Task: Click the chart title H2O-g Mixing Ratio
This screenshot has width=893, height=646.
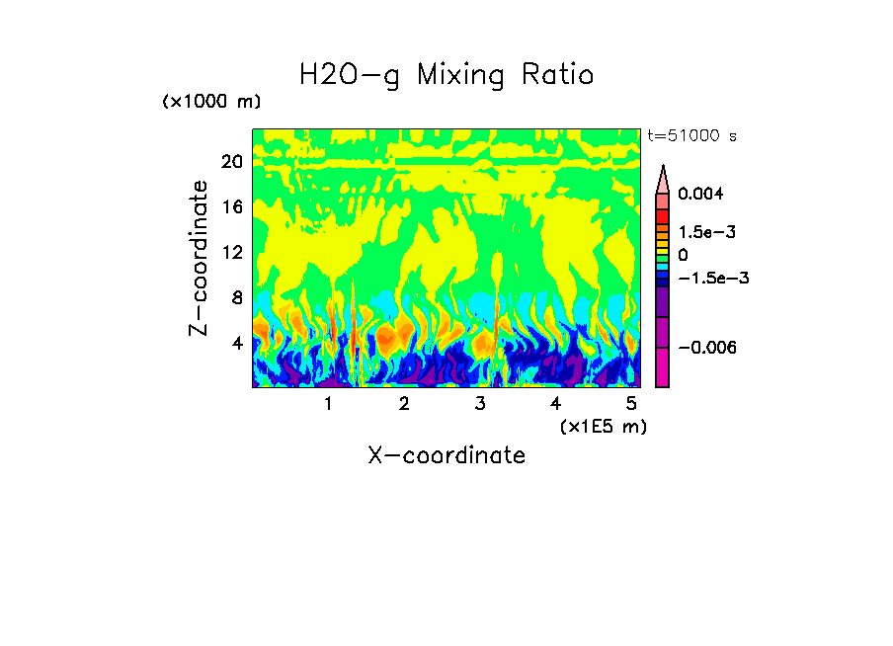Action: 446,75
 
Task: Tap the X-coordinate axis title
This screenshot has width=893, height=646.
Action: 446,455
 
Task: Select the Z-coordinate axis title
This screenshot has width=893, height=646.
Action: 200,257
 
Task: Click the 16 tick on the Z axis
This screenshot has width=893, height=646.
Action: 231,207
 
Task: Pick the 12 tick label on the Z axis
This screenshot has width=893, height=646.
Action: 231,253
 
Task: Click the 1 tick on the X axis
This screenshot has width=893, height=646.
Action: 328,403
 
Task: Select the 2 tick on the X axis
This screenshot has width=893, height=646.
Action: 404,403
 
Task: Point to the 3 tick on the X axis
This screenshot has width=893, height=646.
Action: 480,403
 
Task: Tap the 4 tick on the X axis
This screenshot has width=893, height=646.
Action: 555,403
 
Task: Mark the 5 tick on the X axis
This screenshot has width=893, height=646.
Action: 631,403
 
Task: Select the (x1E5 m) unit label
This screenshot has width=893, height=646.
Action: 603,426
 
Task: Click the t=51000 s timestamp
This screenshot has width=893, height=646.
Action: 691,136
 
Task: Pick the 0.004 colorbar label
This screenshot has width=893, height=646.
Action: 700,195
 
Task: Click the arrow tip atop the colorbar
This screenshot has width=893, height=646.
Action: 663,170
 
